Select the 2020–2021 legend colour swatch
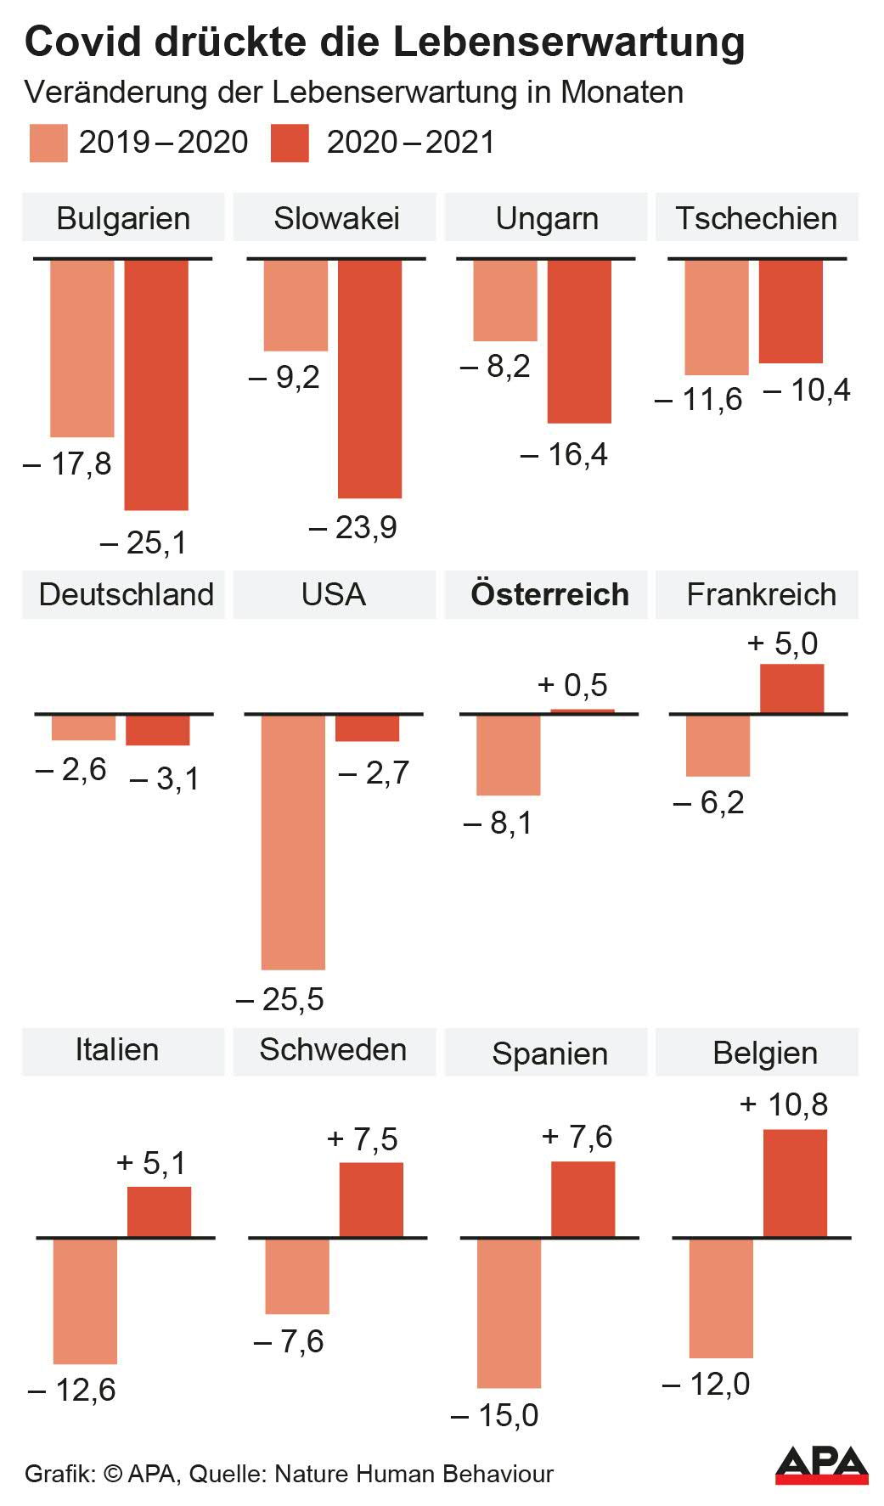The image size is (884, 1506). pyautogui.click(x=290, y=143)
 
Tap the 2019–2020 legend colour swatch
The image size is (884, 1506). pyautogui.click(x=48, y=143)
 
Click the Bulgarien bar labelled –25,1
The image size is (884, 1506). pyautogui.click(x=156, y=385)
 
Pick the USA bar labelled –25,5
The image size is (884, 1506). pyautogui.click(x=293, y=841)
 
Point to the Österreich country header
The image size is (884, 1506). pyautogui.click(x=549, y=594)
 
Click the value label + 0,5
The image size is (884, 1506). pyautogui.click(x=573, y=685)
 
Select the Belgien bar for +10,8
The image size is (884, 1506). pyautogui.click(x=795, y=1183)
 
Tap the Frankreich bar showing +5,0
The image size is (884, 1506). pyautogui.click(x=791, y=688)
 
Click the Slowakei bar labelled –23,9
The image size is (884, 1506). pyautogui.click(x=369, y=379)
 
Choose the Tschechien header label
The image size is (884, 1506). pyautogui.click(x=756, y=218)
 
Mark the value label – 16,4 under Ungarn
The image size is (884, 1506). pyautogui.click(x=565, y=455)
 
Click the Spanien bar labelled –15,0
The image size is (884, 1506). pyautogui.click(x=509, y=1312)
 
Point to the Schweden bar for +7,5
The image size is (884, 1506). pyautogui.click(x=371, y=1200)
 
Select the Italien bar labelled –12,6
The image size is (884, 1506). pyautogui.click(x=85, y=1301)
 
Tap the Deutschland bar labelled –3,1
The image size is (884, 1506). pyautogui.click(x=158, y=730)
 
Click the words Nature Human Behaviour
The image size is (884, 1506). pyautogui.click(x=414, y=1474)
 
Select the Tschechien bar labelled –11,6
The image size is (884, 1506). pyautogui.click(x=717, y=317)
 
